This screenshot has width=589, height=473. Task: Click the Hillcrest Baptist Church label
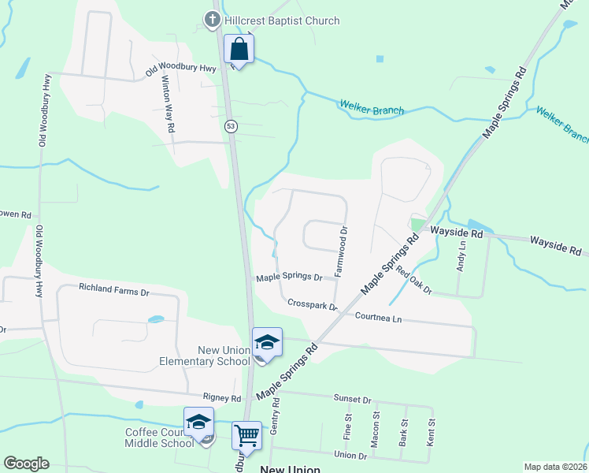point(281,20)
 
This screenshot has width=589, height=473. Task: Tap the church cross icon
point(212,20)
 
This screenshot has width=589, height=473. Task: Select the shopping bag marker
point(239,50)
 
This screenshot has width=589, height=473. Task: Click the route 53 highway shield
point(231,126)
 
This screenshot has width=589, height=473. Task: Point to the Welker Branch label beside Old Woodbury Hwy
point(372,106)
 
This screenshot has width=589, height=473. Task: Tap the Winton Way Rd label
point(168,103)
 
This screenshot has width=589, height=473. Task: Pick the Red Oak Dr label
point(414,281)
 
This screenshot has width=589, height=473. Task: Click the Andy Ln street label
point(461,257)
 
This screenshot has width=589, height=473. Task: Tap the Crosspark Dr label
point(312,304)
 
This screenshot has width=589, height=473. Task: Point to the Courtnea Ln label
point(379,318)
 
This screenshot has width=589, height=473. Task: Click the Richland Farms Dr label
point(114,291)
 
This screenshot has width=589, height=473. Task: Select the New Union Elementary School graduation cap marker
point(267,343)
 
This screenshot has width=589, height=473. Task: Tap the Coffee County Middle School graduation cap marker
point(198,423)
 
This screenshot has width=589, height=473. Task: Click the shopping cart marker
point(247,434)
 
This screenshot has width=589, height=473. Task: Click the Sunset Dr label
point(352,400)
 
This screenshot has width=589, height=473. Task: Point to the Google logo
point(26,464)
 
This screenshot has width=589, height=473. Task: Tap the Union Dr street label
point(351,455)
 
